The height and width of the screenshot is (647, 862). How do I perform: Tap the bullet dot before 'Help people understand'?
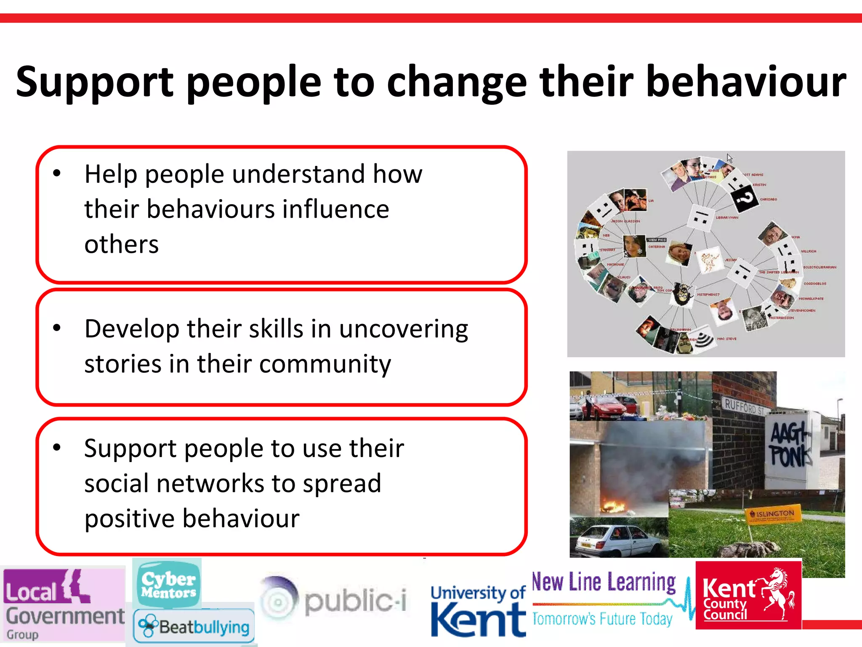[57, 173]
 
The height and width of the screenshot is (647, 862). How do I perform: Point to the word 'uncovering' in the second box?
[403, 329]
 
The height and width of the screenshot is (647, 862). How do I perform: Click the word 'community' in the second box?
[325, 364]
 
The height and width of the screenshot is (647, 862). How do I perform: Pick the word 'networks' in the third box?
[210, 484]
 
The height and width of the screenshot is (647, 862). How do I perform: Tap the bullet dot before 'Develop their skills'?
[57, 328]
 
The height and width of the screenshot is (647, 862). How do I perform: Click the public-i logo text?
[355, 601]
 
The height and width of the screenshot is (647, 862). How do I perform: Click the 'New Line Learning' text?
[604, 583]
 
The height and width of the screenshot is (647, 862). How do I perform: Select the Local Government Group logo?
[63, 605]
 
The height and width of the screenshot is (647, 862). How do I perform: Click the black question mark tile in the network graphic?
[744, 197]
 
